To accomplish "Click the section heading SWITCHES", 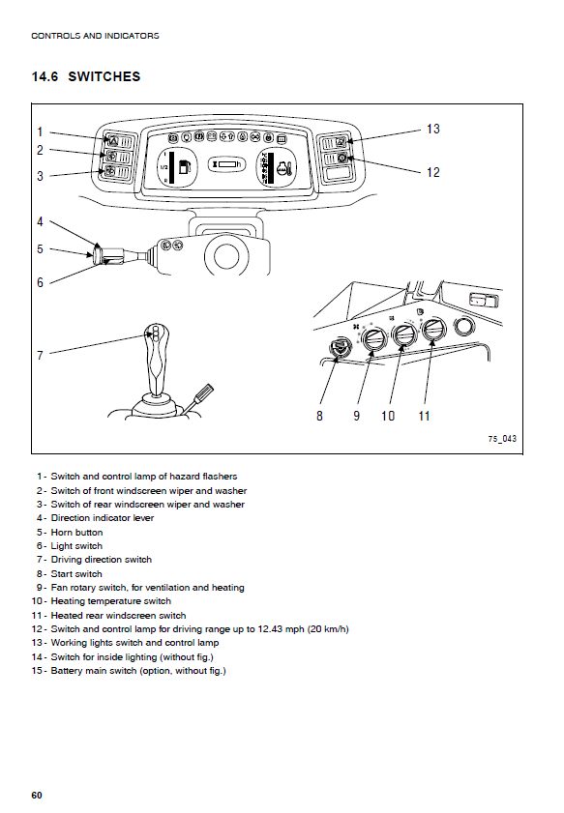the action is (x=104, y=76).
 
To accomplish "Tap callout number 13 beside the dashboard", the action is (x=432, y=129).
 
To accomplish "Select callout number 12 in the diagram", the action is (x=432, y=172).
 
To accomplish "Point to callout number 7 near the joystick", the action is (x=40, y=355).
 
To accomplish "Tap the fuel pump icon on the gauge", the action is (x=185, y=167).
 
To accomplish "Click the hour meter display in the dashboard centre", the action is (x=226, y=164).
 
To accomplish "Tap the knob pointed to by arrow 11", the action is (x=433, y=330).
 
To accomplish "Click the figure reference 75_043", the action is (x=502, y=439).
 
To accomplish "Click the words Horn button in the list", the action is (x=76, y=532).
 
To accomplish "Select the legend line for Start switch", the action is (x=70, y=574).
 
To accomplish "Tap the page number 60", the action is (x=37, y=796).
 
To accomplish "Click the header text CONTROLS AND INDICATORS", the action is (x=95, y=36).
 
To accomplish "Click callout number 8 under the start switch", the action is (x=319, y=416).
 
